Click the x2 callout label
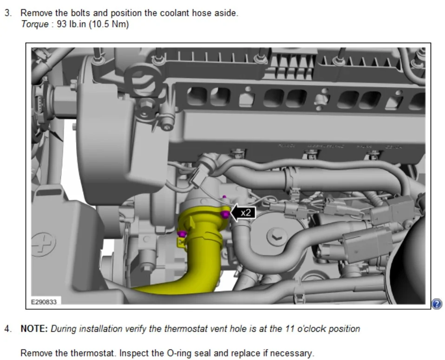(x=246, y=213)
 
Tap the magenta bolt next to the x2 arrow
(x=225, y=214)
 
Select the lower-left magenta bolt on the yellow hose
(x=182, y=234)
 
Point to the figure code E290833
(x=44, y=302)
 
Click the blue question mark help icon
(x=437, y=303)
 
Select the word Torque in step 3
(x=35, y=25)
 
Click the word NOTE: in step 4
(x=34, y=329)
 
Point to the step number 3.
(x=8, y=13)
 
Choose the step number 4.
(x=8, y=329)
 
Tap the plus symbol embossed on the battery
(x=43, y=244)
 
